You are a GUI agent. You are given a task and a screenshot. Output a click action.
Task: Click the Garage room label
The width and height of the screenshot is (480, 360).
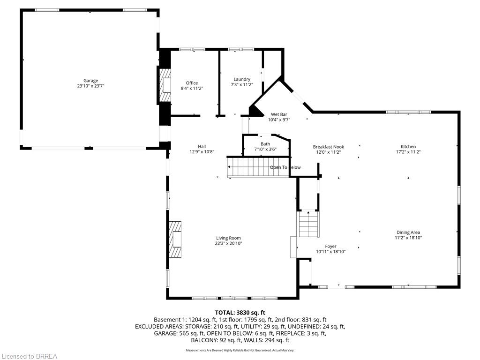tap(90, 81)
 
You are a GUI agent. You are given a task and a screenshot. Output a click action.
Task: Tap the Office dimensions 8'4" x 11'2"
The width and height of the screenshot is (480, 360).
tap(192, 88)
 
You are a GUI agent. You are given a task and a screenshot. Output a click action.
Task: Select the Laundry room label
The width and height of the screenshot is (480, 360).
tap(241, 79)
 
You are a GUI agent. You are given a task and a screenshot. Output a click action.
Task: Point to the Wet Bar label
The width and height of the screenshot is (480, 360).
tap(279, 114)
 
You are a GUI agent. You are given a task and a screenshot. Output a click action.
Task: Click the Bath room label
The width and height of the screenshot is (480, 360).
tap(265, 144)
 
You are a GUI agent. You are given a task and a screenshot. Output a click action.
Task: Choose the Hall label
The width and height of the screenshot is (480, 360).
tap(202, 146)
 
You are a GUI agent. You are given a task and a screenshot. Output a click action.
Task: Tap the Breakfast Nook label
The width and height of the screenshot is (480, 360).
tap(328, 147)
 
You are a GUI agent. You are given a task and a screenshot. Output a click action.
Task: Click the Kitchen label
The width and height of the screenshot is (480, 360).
tap(408, 147)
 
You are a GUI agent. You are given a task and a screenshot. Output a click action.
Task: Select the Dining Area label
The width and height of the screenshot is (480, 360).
tap(408, 232)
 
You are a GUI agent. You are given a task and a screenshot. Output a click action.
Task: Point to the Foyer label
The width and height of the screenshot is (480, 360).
tap(330, 247)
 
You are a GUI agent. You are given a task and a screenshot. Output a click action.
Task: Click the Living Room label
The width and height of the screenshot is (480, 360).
tap(228, 238)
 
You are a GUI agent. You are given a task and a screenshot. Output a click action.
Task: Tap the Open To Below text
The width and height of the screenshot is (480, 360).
tap(285, 167)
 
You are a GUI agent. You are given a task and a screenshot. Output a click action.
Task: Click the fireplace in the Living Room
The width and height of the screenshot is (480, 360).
tap(176, 240)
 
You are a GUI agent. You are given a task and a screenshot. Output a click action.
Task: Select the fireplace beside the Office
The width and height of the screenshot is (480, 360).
tap(165, 86)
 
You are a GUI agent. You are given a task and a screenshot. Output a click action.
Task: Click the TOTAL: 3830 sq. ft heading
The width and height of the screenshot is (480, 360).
tap(240, 313)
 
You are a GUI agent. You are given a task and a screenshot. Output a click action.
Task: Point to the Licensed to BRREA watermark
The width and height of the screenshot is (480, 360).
tap(29, 356)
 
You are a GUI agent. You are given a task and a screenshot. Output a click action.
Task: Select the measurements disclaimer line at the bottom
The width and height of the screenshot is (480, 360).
tap(240, 350)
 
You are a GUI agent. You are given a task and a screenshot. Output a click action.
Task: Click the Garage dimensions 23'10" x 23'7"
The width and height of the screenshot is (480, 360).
tap(90, 86)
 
